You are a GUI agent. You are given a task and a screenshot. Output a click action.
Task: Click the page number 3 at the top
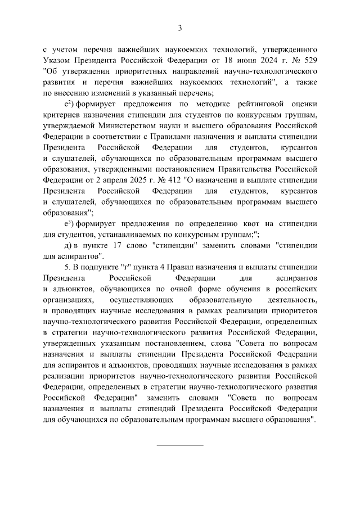click(180, 28)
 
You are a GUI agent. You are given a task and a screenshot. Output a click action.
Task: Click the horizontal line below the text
click(180, 445)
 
